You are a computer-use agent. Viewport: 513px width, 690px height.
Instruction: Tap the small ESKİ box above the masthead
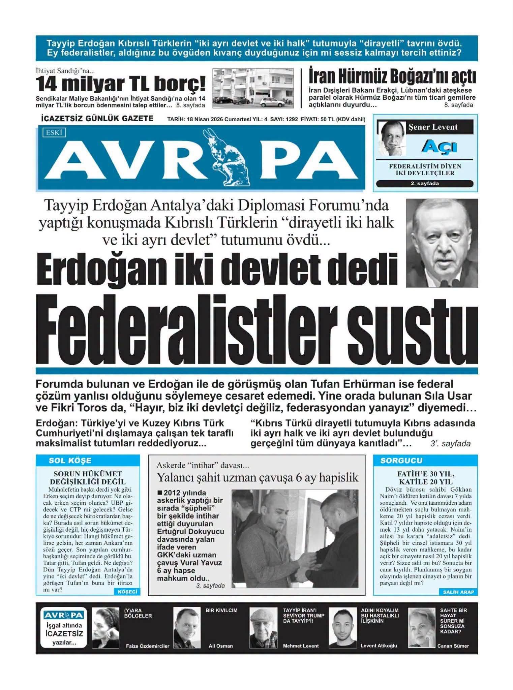[x=54, y=133]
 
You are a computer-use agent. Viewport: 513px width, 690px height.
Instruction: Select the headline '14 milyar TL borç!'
[x=120, y=84]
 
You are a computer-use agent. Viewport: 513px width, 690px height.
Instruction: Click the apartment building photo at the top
[x=253, y=88]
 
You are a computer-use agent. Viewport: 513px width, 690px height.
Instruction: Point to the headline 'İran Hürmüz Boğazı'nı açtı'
[x=392, y=77]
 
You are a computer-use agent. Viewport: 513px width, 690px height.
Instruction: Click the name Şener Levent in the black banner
[x=433, y=127]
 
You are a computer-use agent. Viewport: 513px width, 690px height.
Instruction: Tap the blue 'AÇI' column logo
[x=439, y=147]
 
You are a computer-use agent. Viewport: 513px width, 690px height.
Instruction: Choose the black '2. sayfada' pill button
[x=425, y=184]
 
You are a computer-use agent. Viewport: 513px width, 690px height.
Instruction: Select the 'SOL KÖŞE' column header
[x=70, y=461]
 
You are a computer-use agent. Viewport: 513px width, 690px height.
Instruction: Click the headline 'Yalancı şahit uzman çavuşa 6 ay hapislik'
[x=258, y=477]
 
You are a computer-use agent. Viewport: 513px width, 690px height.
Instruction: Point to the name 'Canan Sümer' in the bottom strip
[x=453, y=646]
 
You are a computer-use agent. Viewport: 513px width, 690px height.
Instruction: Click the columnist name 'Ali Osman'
[x=221, y=646]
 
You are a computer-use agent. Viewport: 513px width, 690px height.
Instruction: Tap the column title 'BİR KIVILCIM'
[x=221, y=610]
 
